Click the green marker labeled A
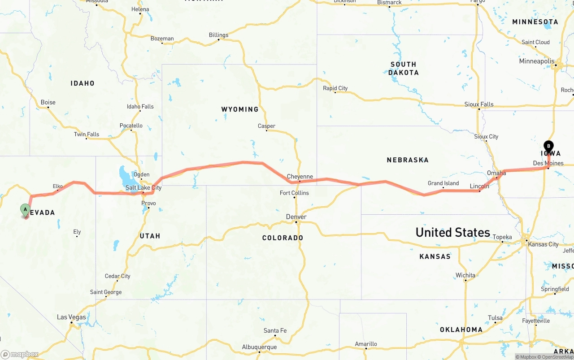point(26,209)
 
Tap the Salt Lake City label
point(143,188)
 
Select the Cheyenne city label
point(300,177)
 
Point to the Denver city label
point(296,217)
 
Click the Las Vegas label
point(71,317)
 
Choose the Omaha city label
point(496,173)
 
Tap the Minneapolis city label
point(537,61)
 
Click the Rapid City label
point(335,88)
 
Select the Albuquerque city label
point(259,347)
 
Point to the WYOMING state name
point(240,109)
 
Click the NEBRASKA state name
point(408,160)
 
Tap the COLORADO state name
point(283,238)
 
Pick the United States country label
point(452,232)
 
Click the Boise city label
point(48,102)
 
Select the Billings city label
point(218,35)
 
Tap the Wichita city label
point(465,275)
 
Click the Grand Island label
point(443,183)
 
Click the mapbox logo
point(20,355)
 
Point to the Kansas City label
point(544,244)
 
